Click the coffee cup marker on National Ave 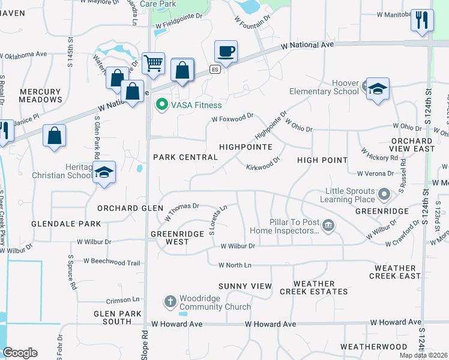pos(226,51)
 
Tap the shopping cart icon pos(154,62)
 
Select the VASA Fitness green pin pos(161,106)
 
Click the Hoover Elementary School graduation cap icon pos(378,89)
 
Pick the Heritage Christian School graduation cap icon pos(104,173)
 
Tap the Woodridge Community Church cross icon pos(170,301)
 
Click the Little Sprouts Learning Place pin pos(385,194)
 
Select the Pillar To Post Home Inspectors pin pos(328,226)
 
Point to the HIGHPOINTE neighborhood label pos(246,146)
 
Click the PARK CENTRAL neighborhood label pos(185,157)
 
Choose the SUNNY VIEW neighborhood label pos(245,286)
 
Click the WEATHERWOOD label pos(369,347)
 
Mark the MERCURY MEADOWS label pos(40,96)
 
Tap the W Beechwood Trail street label pos(112,262)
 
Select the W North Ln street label pos(235,265)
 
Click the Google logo pos(20,353)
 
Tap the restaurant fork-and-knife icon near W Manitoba pos(422,20)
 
